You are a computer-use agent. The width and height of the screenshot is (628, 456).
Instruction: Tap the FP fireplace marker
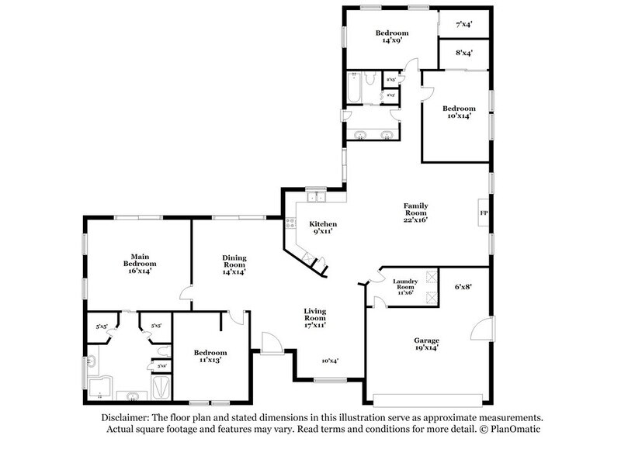tap(483, 212)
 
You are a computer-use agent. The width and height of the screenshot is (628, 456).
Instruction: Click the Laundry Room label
tap(405, 287)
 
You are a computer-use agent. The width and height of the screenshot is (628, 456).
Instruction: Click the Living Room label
tap(314, 316)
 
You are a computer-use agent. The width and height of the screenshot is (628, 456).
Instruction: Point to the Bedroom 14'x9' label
tap(391, 36)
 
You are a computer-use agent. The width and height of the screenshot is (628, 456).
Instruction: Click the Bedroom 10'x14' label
tap(456, 111)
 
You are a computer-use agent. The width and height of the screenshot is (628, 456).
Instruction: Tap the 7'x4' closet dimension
tap(465, 24)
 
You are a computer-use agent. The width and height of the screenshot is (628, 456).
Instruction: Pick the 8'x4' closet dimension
tap(465, 53)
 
